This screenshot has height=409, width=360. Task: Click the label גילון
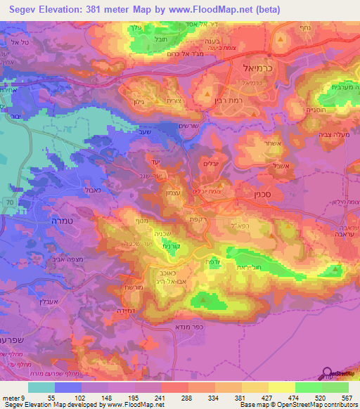pyautogui.click(x=144, y=101)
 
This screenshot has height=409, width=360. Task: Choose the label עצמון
pyautogui.click(x=155, y=192)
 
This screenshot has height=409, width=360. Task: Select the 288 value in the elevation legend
pyautogui.click(x=169, y=377)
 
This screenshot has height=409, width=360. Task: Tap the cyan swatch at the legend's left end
pyautogui.click(x=41, y=387)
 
